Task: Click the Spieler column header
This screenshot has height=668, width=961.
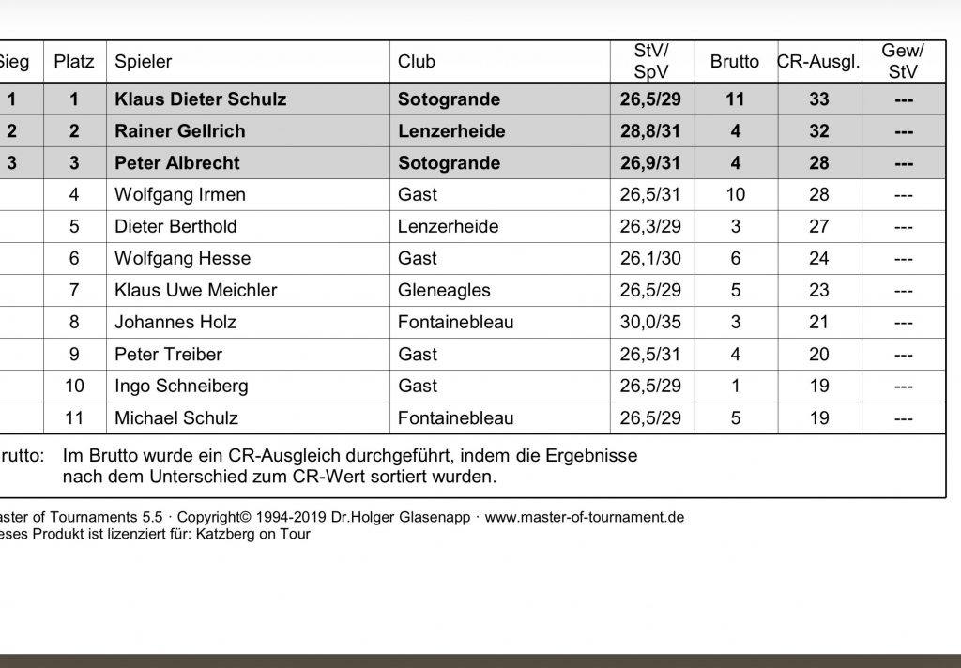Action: coord(144,62)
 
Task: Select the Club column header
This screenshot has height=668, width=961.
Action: coord(417,62)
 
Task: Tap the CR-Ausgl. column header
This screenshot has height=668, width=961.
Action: coord(818,62)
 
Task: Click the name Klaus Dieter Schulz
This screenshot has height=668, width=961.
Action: coord(201,99)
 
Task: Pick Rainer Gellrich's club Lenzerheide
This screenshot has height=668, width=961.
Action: coord(451,130)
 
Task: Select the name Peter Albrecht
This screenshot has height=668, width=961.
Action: coord(177,162)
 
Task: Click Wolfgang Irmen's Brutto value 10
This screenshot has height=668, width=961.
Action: coord(735,194)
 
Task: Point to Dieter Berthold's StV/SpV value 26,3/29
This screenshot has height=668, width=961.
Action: coord(650,226)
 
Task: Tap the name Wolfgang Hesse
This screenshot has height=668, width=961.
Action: coord(182,258)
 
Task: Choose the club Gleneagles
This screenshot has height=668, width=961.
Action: coord(444,290)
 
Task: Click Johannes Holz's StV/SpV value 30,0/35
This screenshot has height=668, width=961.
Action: coord(650,322)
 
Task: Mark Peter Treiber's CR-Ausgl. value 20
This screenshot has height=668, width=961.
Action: coord(819,354)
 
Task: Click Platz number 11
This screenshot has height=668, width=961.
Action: coord(74,417)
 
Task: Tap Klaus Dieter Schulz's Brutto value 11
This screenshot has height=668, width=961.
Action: coord(735,99)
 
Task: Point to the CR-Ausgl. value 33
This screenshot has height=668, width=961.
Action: coord(819,99)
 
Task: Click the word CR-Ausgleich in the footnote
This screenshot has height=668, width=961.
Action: coord(279,456)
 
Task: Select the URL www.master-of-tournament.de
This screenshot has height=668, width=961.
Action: coord(584,517)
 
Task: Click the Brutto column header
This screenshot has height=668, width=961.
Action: coord(735,62)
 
